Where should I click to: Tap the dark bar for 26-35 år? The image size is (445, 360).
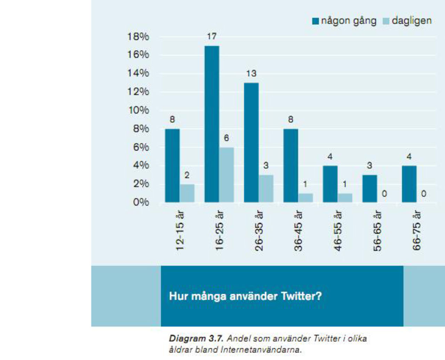pyautogui.click(x=251, y=142)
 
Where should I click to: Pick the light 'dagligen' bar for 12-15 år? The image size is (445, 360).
pyautogui.click(x=187, y=193)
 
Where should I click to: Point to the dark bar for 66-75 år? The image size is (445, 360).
pyautogui.click(x=409, y=184)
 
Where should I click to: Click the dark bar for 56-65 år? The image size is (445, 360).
pyautogui.click(x=370, y=189)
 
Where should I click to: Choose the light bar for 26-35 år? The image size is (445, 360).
pyautogui.click(x=266, y=189)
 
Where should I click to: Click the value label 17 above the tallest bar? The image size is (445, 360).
pyautogui.click(x=212, y=36)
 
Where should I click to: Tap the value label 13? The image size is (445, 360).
pyautogui.click(x=251, y=73)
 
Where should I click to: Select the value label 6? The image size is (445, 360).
pyautogui.click(x=226, y=138)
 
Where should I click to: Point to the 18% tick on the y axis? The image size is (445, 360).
pyautogui.click(x=138, y=37)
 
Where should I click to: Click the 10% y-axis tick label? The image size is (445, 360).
pyautogui.click(x=138, y=110)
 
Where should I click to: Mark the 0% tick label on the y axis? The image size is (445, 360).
pyautogui.click(x=141, y=202)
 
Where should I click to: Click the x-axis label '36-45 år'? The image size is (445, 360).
pyautogui.click(x=298, y=231)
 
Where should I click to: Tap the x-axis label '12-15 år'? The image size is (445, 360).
pyautogui.click(x=180, y=231)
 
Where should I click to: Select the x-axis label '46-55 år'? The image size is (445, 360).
pyautogui.click(x=338, y=231)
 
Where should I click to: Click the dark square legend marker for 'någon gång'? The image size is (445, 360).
pyautogui.click(x=316, y=21)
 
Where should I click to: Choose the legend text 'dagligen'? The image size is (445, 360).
pyautogui.click(x=412, y=21)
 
